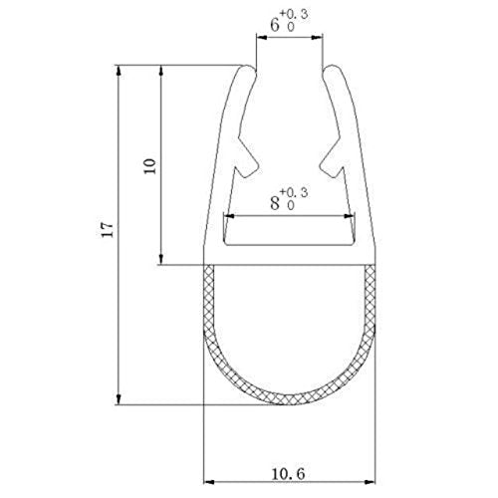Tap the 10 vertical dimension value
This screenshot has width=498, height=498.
pos(150,164)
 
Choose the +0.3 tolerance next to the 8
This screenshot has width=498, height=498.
pos(295,191)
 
